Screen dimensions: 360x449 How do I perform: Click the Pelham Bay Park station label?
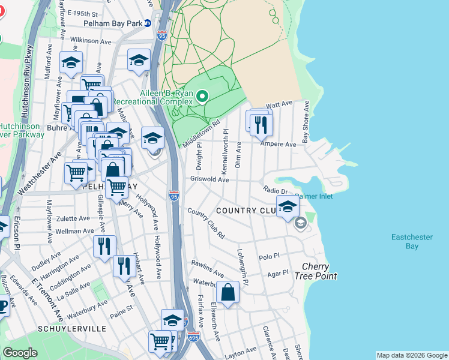tap(122, 23)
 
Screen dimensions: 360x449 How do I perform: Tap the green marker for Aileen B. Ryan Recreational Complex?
tap(202, 96)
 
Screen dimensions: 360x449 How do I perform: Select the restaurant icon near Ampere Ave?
tap(261, 124)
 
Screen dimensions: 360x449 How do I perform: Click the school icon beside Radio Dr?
tap(288, 208)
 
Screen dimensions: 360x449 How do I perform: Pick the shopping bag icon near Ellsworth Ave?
tap(228, 293)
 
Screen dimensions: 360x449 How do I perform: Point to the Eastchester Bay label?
tap(412, 241)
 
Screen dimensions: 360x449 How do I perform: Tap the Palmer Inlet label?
tap(314, 196)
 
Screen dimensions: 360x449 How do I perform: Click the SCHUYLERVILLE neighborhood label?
tap(72, 329)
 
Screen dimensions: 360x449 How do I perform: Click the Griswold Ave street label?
tap(209, 179)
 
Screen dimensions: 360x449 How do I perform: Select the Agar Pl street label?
tap(278, 272)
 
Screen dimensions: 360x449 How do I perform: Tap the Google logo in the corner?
tap(20, 353)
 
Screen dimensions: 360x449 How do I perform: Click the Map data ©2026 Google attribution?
tap(411, 355)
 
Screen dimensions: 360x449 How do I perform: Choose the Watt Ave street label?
tap(278, 105)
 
